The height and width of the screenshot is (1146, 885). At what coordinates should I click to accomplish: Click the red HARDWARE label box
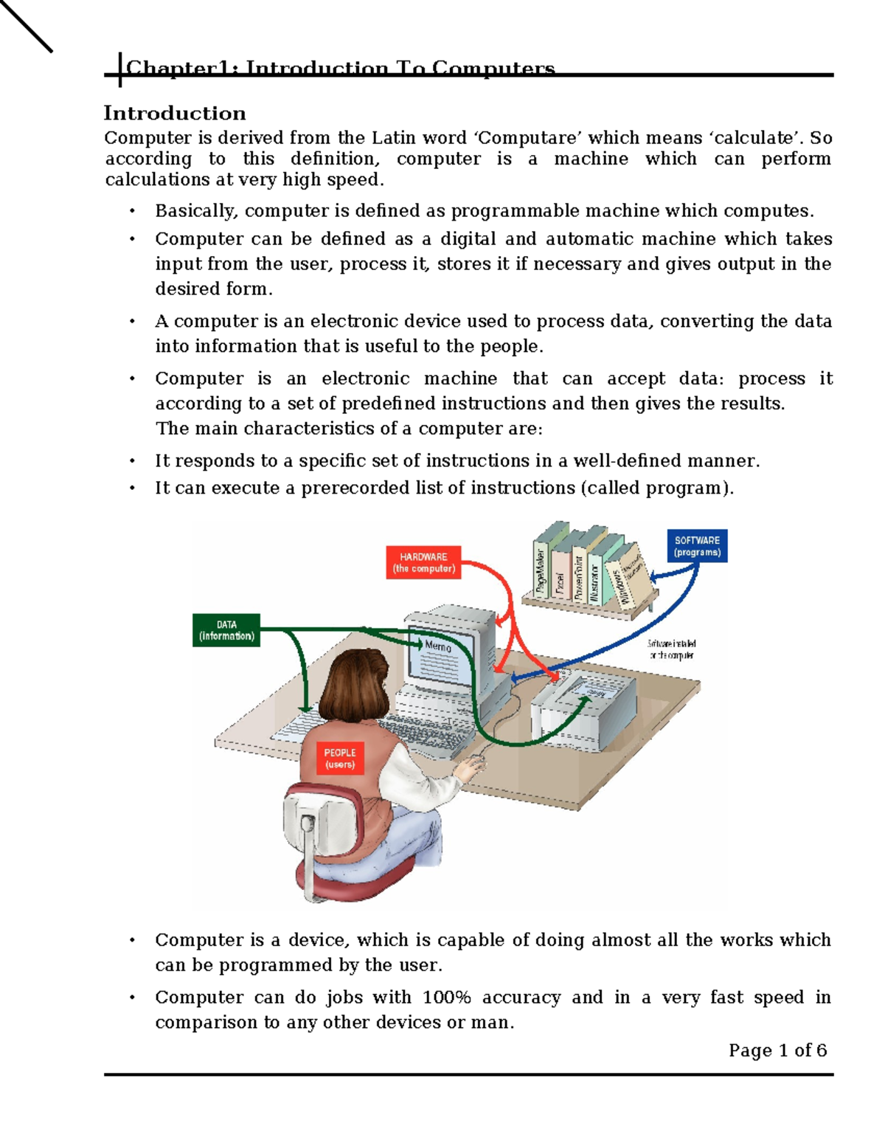tap(423, 562)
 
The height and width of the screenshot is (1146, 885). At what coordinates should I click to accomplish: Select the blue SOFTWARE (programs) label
tap(697, 546)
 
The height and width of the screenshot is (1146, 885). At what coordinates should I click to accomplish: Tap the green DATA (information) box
tap(226, 630)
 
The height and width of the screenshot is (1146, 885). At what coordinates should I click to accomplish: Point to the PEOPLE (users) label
tap(339, 759)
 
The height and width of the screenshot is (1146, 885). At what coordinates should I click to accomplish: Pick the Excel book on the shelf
tap(560, 583)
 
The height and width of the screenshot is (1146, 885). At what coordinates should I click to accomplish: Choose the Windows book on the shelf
tap(619, 587)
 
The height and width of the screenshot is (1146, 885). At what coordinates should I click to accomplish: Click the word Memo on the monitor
tap(437, 646)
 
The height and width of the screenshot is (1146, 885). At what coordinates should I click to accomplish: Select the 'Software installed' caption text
tap(671, 644)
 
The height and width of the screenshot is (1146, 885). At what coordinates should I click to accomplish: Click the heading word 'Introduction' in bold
tap(175, 113)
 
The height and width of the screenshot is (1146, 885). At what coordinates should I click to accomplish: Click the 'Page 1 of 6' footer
tap(777, 1050)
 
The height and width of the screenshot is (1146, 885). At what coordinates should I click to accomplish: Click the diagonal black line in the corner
tap(26, 26)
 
